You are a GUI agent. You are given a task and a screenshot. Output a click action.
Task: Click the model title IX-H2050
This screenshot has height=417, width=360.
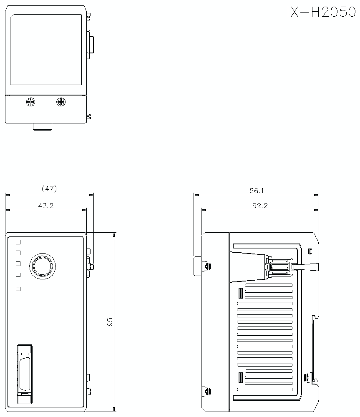coord(321,13)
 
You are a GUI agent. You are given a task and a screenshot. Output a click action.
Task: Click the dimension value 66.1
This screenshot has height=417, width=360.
coord(257,191)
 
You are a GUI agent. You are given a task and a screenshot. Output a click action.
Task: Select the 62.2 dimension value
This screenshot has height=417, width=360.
coord(259,206)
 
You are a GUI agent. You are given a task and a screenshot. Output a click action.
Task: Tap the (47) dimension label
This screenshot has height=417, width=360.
coord(49,189)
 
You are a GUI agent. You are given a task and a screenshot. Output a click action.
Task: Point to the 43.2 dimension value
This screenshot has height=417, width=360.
coord(46,206)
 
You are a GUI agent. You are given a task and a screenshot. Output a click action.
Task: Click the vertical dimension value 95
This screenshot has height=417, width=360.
coord(110,322)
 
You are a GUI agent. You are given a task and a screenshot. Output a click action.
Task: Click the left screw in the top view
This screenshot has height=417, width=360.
coord(30,102)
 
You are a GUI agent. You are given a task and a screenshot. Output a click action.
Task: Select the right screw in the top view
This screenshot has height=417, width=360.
coord(61,102)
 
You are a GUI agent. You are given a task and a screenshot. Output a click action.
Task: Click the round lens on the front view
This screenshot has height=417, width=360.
coord(42,265)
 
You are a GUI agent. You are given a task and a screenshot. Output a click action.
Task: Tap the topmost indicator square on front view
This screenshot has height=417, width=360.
coord(18,242)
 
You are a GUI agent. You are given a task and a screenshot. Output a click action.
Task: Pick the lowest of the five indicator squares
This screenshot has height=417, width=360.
coord(18,289)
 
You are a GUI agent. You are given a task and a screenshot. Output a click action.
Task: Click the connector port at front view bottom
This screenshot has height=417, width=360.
coord(25,374)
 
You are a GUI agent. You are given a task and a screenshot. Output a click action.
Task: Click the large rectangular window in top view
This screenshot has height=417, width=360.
coord(46,50)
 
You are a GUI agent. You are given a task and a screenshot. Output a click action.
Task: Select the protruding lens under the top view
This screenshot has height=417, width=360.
coord(42,127)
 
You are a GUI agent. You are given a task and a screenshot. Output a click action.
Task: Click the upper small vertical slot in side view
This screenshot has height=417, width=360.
coord(240,293)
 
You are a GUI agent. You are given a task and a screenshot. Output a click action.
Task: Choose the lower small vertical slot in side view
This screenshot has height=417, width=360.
coord(240,378)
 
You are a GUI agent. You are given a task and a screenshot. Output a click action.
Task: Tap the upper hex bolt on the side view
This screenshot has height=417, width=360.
coord(206,266)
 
